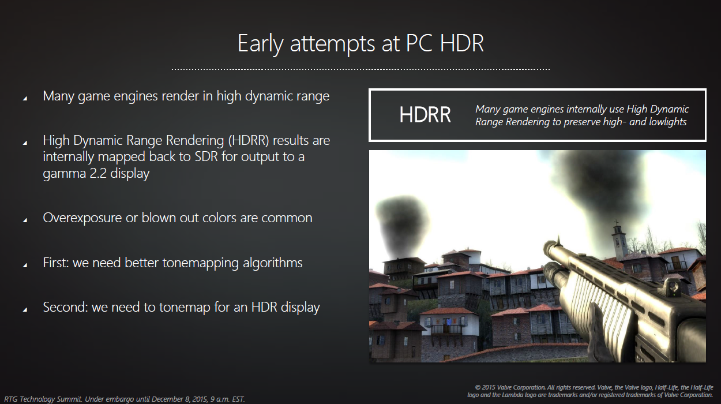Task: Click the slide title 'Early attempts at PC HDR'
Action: (x=360, y=43)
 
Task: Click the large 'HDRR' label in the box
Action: (x=425, y=115)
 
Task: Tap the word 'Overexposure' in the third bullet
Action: (x=82, y=218)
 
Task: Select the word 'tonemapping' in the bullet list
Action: (x=200, y=263)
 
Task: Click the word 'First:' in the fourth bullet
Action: (x=56, y=263)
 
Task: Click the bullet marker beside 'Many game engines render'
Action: (x=25, y=99)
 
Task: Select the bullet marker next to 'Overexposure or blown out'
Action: (x=25, y=220)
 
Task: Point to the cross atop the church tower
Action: (x=617, y=223)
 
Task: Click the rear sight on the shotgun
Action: (x=673, y=286)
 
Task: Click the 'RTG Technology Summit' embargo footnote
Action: (x=124, y=399)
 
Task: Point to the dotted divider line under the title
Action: (x=360, y=69)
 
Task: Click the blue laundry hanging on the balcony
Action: (x=448, y=321)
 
